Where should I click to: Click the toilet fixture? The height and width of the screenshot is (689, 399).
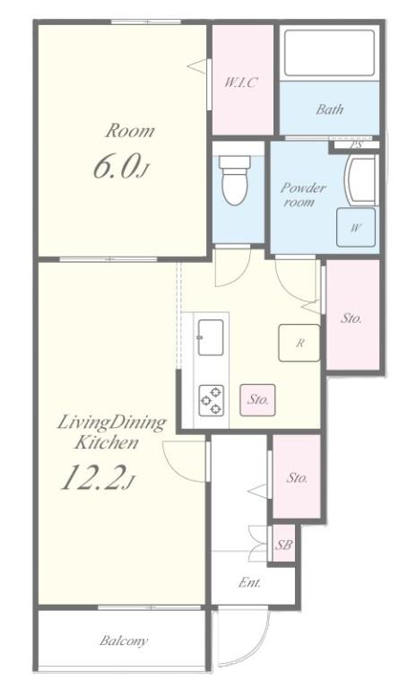click(x=235, y=179)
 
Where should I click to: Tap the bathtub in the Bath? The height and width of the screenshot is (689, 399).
click(x=330, y=53)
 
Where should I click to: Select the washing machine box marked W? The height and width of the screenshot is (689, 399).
click(x=356, y=227)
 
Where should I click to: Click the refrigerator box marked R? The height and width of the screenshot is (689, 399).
click(x=299, y=343)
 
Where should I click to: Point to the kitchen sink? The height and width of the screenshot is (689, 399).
click(x=211, y=337)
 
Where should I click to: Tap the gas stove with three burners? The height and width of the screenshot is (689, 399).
click(x=211, y=400)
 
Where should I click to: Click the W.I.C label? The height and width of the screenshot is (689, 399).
click(x=240, y=83)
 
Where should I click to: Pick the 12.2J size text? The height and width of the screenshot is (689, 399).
click(x=97, y=477)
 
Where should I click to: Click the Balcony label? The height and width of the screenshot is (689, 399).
click(x=124, y=641)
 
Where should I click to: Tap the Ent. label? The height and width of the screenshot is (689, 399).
click(x=250, y=582)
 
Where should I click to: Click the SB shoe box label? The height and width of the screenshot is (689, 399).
click(x=283, y=545)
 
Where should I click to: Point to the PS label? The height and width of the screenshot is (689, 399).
click(x=356, y=144)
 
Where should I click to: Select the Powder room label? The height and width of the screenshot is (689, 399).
click(x=302, y=195)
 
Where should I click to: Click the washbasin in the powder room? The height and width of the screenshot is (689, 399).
click(x=360, y=179)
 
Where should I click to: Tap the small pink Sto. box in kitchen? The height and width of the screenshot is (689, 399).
click(x=257, y=400)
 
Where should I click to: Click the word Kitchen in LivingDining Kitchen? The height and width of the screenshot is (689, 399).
click(x=107, y=442)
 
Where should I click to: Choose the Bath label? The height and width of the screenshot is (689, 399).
click(x=330, y=109)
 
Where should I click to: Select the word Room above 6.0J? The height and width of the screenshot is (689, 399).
click(x=129, y=130)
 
